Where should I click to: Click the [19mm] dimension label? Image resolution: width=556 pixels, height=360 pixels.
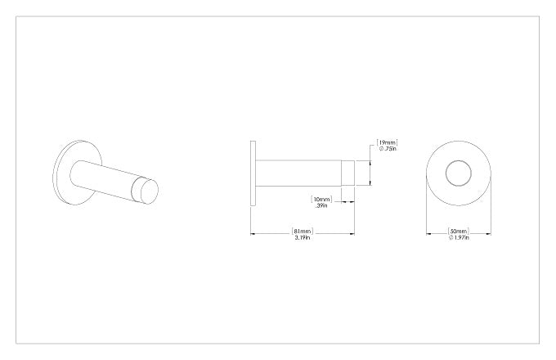pos(387,142)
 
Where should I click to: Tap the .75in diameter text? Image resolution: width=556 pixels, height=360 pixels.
pos(388,149)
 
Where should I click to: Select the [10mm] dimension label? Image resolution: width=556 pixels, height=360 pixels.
pos(321,199)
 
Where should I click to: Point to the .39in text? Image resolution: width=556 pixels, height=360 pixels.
pos(321,205)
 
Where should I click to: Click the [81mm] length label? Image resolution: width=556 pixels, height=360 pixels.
pos(303,232)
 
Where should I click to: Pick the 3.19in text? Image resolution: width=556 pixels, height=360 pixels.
pos(303,238)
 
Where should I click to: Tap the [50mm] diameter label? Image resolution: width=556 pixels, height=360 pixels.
pos(459,232)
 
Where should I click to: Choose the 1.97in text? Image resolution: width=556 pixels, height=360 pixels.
pos(459,237)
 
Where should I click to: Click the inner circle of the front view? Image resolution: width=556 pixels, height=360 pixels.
pos(459,160)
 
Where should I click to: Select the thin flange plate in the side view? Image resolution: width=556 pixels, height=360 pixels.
pos(253,173)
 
